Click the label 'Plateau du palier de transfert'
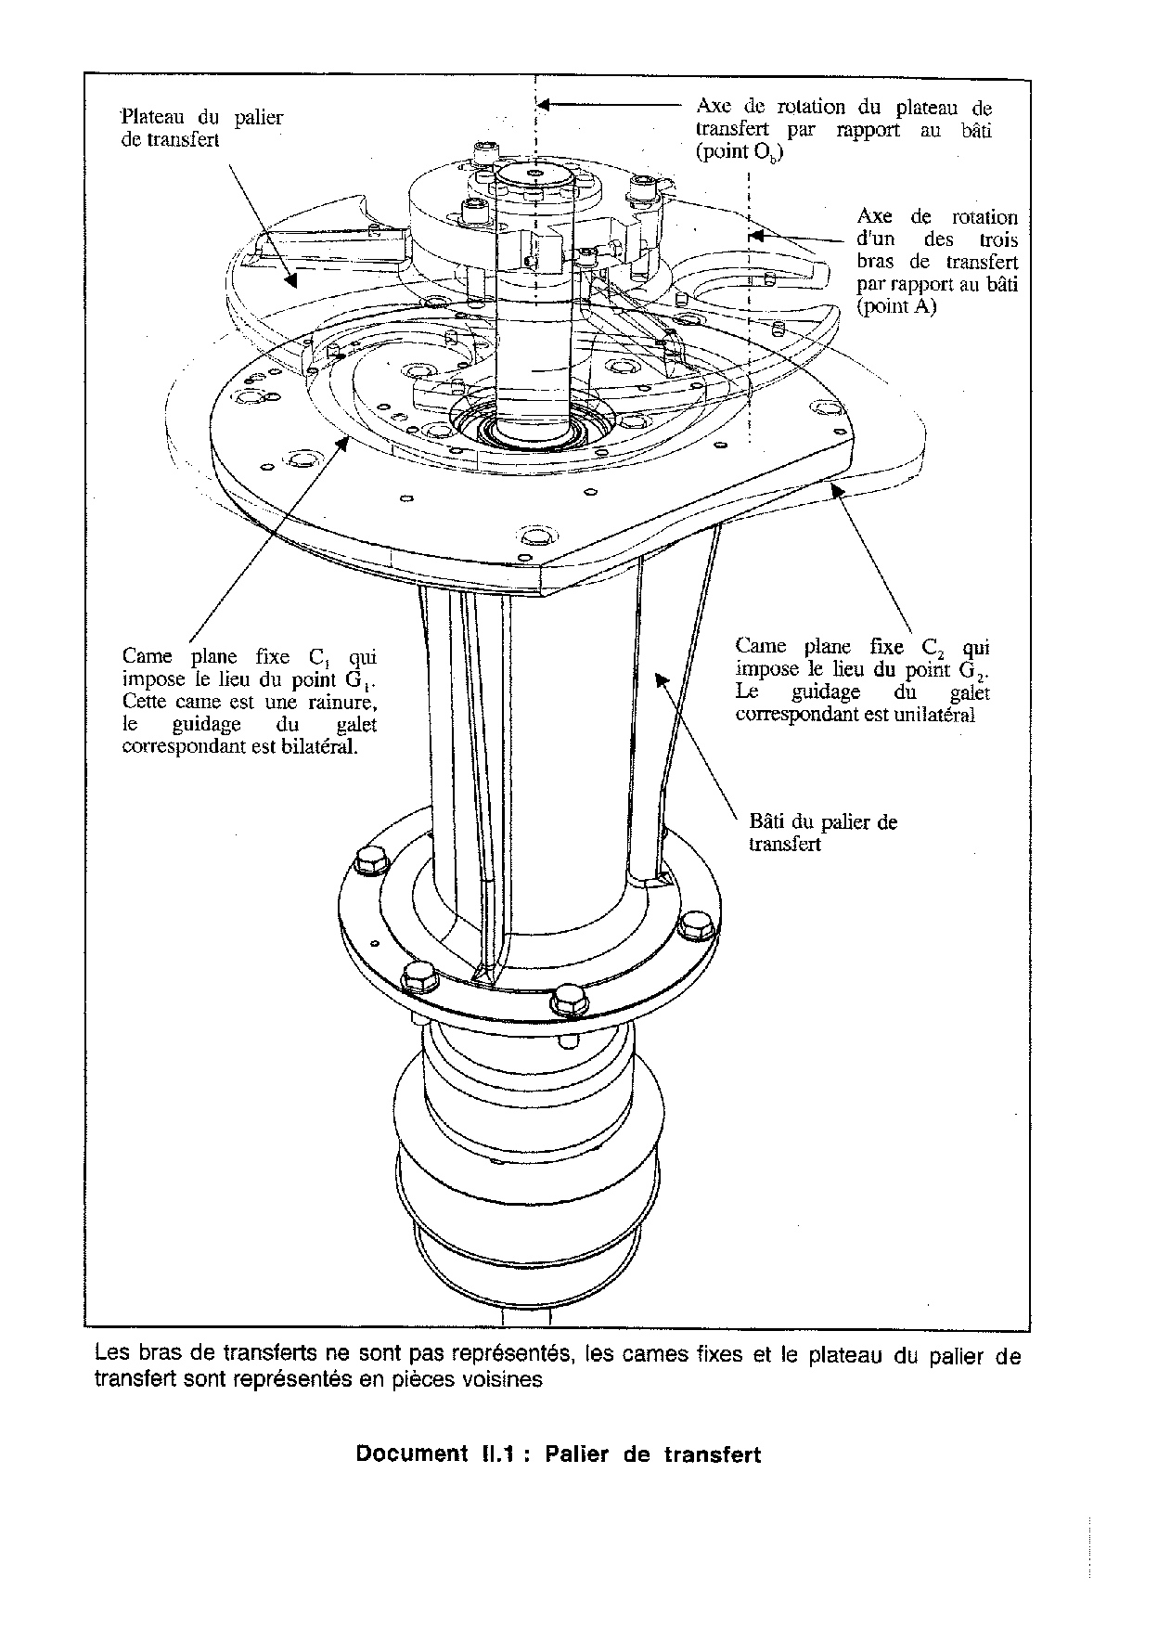[x=202, y=129]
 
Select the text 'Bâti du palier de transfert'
[x=822, y=833]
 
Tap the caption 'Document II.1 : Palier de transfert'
[x=558, y=1454]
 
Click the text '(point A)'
[x=896, y=307]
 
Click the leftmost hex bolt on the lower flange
[x=371, y=861]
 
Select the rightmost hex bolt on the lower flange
[x=692, y=925]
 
